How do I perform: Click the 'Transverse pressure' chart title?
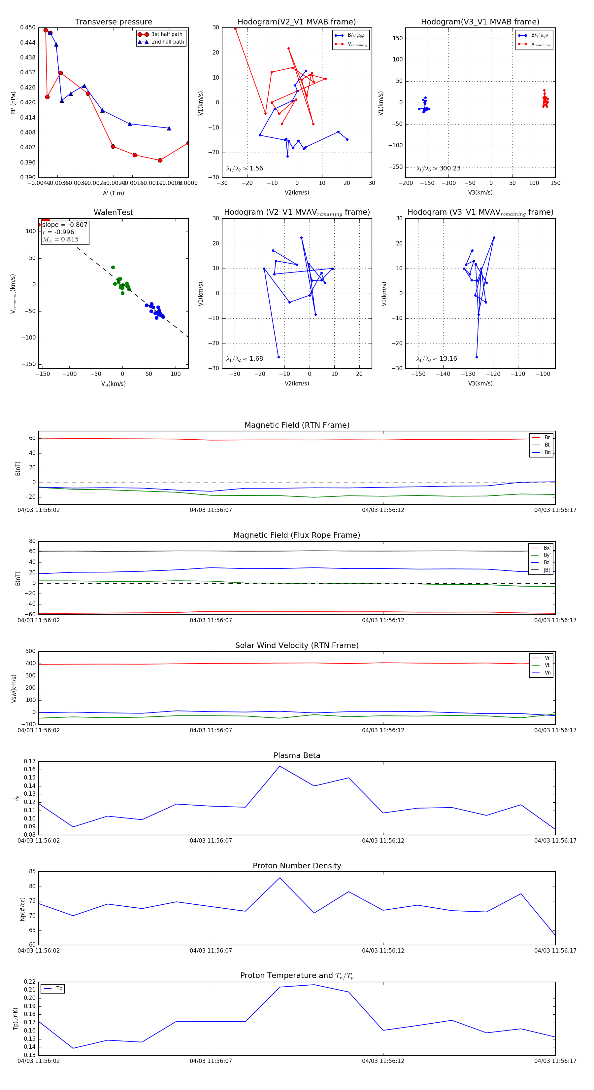point(113,22)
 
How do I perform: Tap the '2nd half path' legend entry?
point(167,42)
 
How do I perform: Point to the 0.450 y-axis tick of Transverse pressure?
point(28,27)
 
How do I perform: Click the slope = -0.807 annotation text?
point(65,225)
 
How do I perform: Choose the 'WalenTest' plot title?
point(113,212)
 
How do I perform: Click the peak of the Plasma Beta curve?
point(280,766)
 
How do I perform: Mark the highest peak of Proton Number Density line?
point(280,878)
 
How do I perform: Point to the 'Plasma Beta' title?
point(297,755)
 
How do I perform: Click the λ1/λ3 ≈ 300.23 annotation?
point(439,168)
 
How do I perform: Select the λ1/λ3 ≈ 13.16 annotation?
point(437,359)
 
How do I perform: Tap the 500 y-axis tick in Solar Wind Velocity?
point(30,651)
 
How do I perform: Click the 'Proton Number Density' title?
point(297,865)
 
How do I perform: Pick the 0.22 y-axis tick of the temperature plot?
point(30,982)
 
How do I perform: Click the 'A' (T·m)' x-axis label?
point(113,193)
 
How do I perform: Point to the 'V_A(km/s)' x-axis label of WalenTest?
point(113,384)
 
